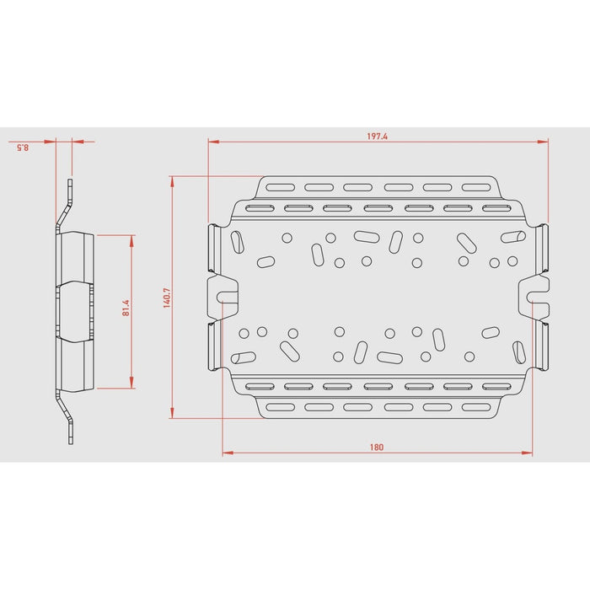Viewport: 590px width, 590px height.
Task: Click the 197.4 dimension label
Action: click(x=378, y=137)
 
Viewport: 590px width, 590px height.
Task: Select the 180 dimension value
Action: click(x=376, y=447)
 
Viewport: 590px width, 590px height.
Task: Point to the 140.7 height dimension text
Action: click(x=166, y=298)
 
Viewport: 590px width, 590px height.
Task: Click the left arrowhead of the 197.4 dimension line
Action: click(x=212, y=142)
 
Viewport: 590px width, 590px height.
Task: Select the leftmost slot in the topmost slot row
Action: click(x=278, y=188)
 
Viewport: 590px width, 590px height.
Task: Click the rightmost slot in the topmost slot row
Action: click(x=478, y=188)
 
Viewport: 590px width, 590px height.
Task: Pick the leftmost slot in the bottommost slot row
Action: click(x=278, y=407)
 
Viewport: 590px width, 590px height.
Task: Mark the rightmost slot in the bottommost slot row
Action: click(x=478, y=407)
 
